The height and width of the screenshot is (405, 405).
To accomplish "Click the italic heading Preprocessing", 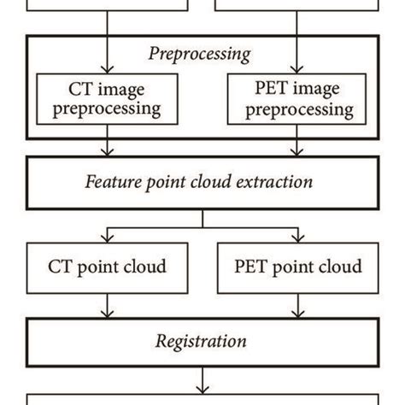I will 200,54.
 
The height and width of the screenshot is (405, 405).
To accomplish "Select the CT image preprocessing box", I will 107,97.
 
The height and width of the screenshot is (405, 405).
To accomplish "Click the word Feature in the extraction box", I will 117,182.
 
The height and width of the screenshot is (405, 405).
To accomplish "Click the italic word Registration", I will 200,343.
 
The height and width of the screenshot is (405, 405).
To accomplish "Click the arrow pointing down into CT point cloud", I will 107,232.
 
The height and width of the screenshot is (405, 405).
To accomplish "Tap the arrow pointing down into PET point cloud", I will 296,232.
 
